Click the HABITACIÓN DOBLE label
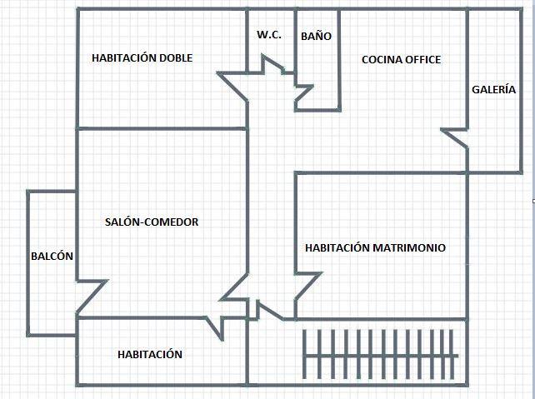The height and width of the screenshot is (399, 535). (142, 57)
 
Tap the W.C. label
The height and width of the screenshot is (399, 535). (269, 35)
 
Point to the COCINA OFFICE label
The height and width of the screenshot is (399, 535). (401, 59)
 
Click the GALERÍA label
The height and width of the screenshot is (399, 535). (493, 89)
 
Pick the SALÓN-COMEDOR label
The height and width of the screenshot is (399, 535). (152, 222)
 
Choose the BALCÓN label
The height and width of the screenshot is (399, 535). (52, 257)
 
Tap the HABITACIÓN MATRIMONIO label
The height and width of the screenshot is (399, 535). (375, 247)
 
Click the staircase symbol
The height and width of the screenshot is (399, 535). (380, 355)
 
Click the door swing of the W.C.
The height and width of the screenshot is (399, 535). (272, 65)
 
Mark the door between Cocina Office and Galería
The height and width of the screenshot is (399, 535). (455, 137)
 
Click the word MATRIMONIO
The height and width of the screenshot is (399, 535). (408, 247)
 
